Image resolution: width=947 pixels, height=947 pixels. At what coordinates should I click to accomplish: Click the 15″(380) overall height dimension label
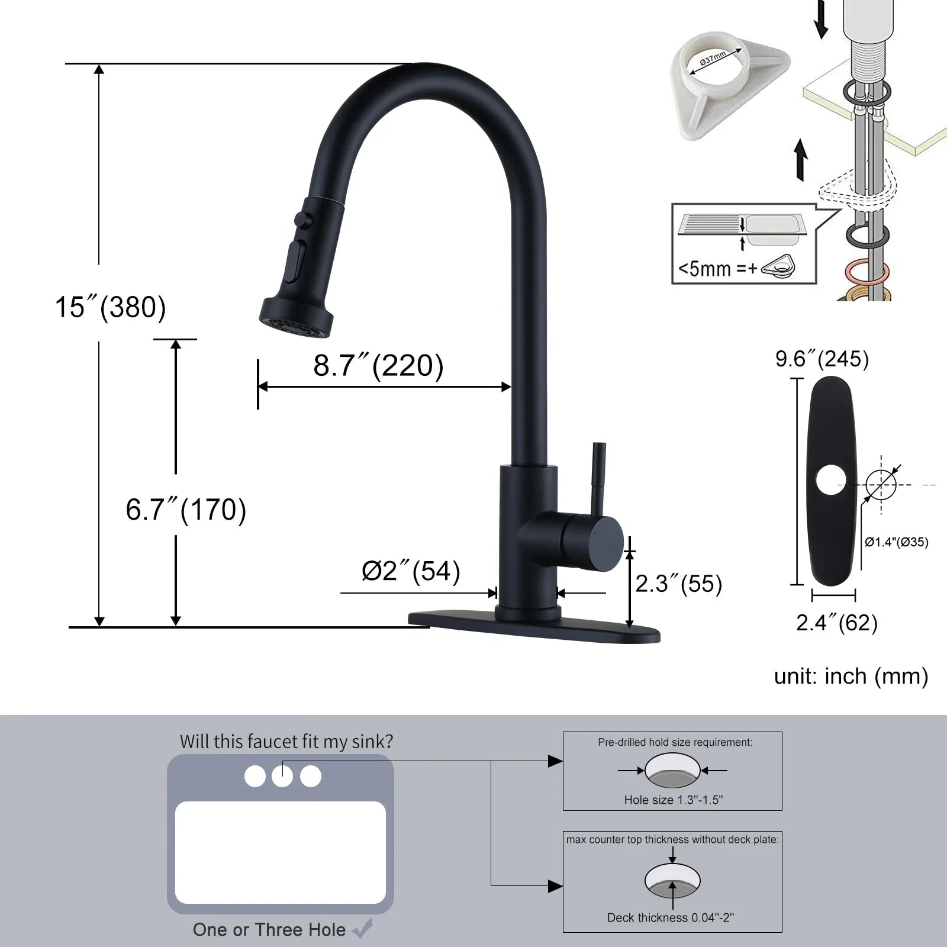(x=111, y=307)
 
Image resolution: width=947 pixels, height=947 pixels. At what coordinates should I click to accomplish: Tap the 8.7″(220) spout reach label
(x=379, y=365)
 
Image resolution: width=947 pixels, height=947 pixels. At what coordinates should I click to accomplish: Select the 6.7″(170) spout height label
(x=186, y=510)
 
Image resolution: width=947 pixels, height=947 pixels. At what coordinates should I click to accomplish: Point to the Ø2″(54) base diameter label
(x=411, y=571)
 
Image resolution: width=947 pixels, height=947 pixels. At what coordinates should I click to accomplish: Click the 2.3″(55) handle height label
(x=679, y=584)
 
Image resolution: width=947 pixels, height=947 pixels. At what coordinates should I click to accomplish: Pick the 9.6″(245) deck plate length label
(x=822, y=359)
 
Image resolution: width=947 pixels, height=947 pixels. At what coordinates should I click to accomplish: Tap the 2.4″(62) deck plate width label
(x=836, y=623)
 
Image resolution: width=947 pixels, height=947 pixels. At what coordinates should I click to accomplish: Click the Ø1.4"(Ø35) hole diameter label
(x=896, y=542)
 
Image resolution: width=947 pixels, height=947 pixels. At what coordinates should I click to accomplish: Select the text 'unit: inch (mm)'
(x=851, y=677)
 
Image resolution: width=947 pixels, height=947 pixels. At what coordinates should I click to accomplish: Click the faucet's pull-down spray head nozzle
(x=296, y=318)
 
